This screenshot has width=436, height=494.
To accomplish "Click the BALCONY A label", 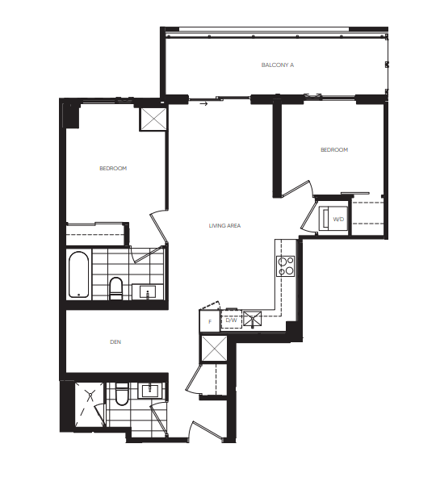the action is click(278, 65).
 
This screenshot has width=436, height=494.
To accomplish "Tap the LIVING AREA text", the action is click(224, 225).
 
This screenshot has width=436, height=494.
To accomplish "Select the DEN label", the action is click(115, 341).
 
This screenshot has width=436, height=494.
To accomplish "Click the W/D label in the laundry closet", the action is click(338, 220).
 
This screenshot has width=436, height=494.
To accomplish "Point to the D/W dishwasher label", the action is click(232, 320).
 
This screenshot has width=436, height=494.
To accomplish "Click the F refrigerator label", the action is click(210, 322).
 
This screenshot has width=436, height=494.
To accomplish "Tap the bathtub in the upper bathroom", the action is click(78, 274).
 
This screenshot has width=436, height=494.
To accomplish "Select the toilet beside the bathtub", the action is click(115, 288).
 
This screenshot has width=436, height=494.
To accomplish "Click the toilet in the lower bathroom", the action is click(122, 394).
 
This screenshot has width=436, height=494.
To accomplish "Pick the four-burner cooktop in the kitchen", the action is click(285, 266).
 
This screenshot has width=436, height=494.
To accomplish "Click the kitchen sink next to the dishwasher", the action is click(253, 320).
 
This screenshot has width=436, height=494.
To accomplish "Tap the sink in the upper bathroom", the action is click(148, 292).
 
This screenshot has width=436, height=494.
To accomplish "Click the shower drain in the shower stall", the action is click(90, 394).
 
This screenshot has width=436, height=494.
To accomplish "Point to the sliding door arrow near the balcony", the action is click(203, 103).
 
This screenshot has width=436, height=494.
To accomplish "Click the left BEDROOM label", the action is click(113, 169).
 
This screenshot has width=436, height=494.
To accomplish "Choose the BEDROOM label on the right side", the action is click(334, 150).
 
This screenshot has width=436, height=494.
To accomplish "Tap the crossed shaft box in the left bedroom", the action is click(153, 119).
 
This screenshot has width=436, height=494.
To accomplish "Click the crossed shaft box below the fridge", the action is click(214, 349).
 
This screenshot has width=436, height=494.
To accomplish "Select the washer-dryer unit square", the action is click(333, 219).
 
